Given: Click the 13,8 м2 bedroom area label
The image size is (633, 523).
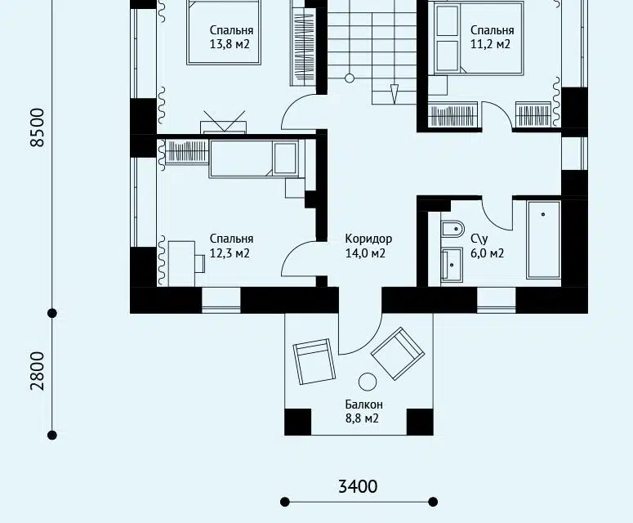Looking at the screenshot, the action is pos(230,44).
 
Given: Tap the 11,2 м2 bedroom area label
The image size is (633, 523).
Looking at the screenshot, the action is pos(491,44).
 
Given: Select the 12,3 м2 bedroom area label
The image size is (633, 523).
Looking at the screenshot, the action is pos(230,253).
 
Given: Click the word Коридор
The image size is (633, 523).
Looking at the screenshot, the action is pos(368,239).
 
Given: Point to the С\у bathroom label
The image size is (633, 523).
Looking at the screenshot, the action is pos(479,239).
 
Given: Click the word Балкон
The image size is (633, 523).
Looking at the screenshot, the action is pos(363,405).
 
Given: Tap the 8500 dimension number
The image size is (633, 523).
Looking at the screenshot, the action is pos(37,127).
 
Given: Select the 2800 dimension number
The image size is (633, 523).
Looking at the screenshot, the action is pos(37,371).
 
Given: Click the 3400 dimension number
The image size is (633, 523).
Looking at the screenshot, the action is pos(358,487).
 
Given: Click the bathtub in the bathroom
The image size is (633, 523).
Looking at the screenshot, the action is pos(543,240).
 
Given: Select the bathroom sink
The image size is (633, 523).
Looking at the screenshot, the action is pos(452,264).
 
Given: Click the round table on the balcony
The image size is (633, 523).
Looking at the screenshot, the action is pos(368,382).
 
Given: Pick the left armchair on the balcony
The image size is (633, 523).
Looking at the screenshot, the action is pos(314,361).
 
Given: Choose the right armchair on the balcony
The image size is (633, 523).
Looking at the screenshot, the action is pos(398,353).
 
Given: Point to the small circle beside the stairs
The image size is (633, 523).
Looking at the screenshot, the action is pos(350,78).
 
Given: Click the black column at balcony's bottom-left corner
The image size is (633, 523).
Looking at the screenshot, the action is pos(298,422).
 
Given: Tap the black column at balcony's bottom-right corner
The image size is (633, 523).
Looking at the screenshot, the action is pos(420,422).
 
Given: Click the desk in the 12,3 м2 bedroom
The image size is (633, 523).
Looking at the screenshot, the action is pos(181,263).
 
